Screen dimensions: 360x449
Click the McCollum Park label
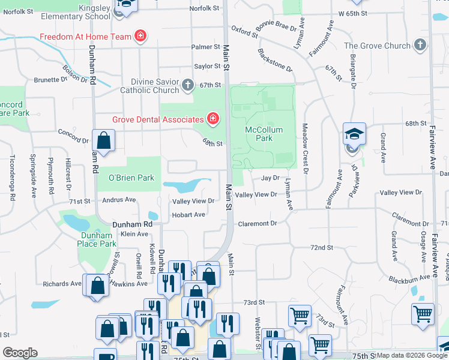click(x=259, y=134)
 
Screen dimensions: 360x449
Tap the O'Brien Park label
click(x=131, y=178)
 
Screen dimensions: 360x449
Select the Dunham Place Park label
click(x=98, y=239)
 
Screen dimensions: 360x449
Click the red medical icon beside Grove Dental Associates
click(x=212, y=119)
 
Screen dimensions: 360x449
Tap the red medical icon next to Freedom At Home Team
click(x=140, y=37)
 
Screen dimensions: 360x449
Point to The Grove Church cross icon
click(x=420, y=45)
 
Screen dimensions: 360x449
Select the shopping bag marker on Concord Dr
click(x=104, y=142)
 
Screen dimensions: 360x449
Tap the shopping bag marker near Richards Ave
click(x=96, y=286)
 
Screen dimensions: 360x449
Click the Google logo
click(x=20, y=353)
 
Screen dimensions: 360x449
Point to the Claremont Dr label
click(x=258, y=223)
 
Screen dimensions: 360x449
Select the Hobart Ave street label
click(x=188, y=214)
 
